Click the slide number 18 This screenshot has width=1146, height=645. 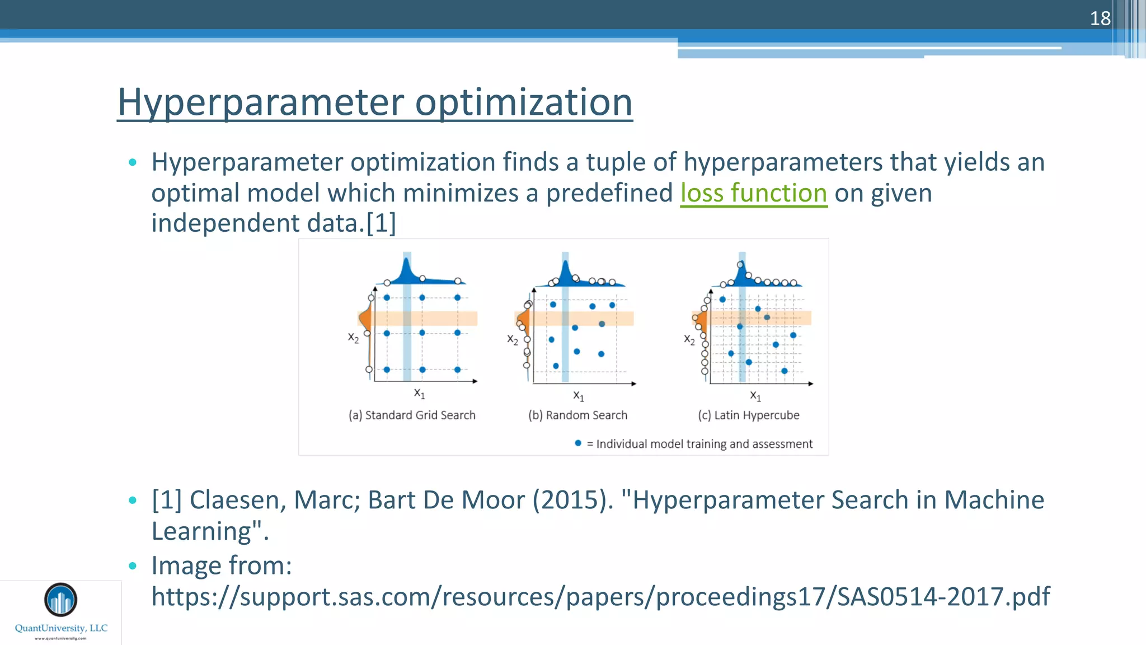pos(1100,18)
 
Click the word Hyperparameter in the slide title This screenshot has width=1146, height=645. pos(261,102)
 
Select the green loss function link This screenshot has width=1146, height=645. pos(753,193)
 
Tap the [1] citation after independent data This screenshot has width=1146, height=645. pos(381,223)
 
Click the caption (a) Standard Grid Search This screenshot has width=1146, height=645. pos(412,415)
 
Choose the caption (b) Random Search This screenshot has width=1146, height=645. pos(577,415)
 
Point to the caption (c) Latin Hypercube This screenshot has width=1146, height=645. pos(748,415)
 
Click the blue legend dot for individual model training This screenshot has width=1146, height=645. pos(578,443)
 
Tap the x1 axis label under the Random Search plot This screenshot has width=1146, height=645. pos(579,396)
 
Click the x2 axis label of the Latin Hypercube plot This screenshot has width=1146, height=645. pos(689,339)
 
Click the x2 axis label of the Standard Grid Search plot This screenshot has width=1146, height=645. pos(353,338)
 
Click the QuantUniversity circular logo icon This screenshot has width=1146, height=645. pos(60,600)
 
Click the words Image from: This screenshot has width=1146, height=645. pos(222,565)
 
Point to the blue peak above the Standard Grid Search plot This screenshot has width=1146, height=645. pos(406,270)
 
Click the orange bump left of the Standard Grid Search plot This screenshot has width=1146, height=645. pos(365,319)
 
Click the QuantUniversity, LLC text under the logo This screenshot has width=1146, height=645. pos(61,628)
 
